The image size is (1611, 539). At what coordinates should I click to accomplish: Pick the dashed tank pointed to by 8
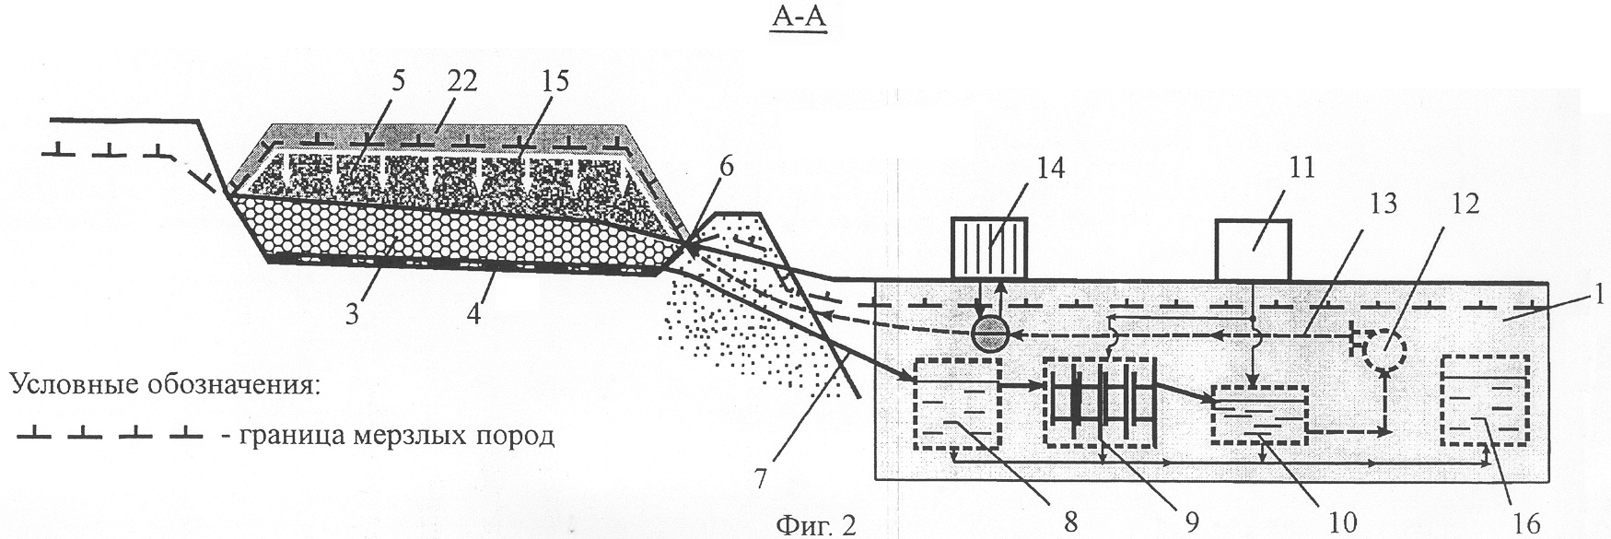pyautogui.click(x=957, y=403)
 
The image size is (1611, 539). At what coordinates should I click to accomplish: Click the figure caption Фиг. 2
pyautogui.click(x=817, y=526)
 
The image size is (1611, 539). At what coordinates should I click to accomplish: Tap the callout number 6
pyautogui.click(x=728, y=166)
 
